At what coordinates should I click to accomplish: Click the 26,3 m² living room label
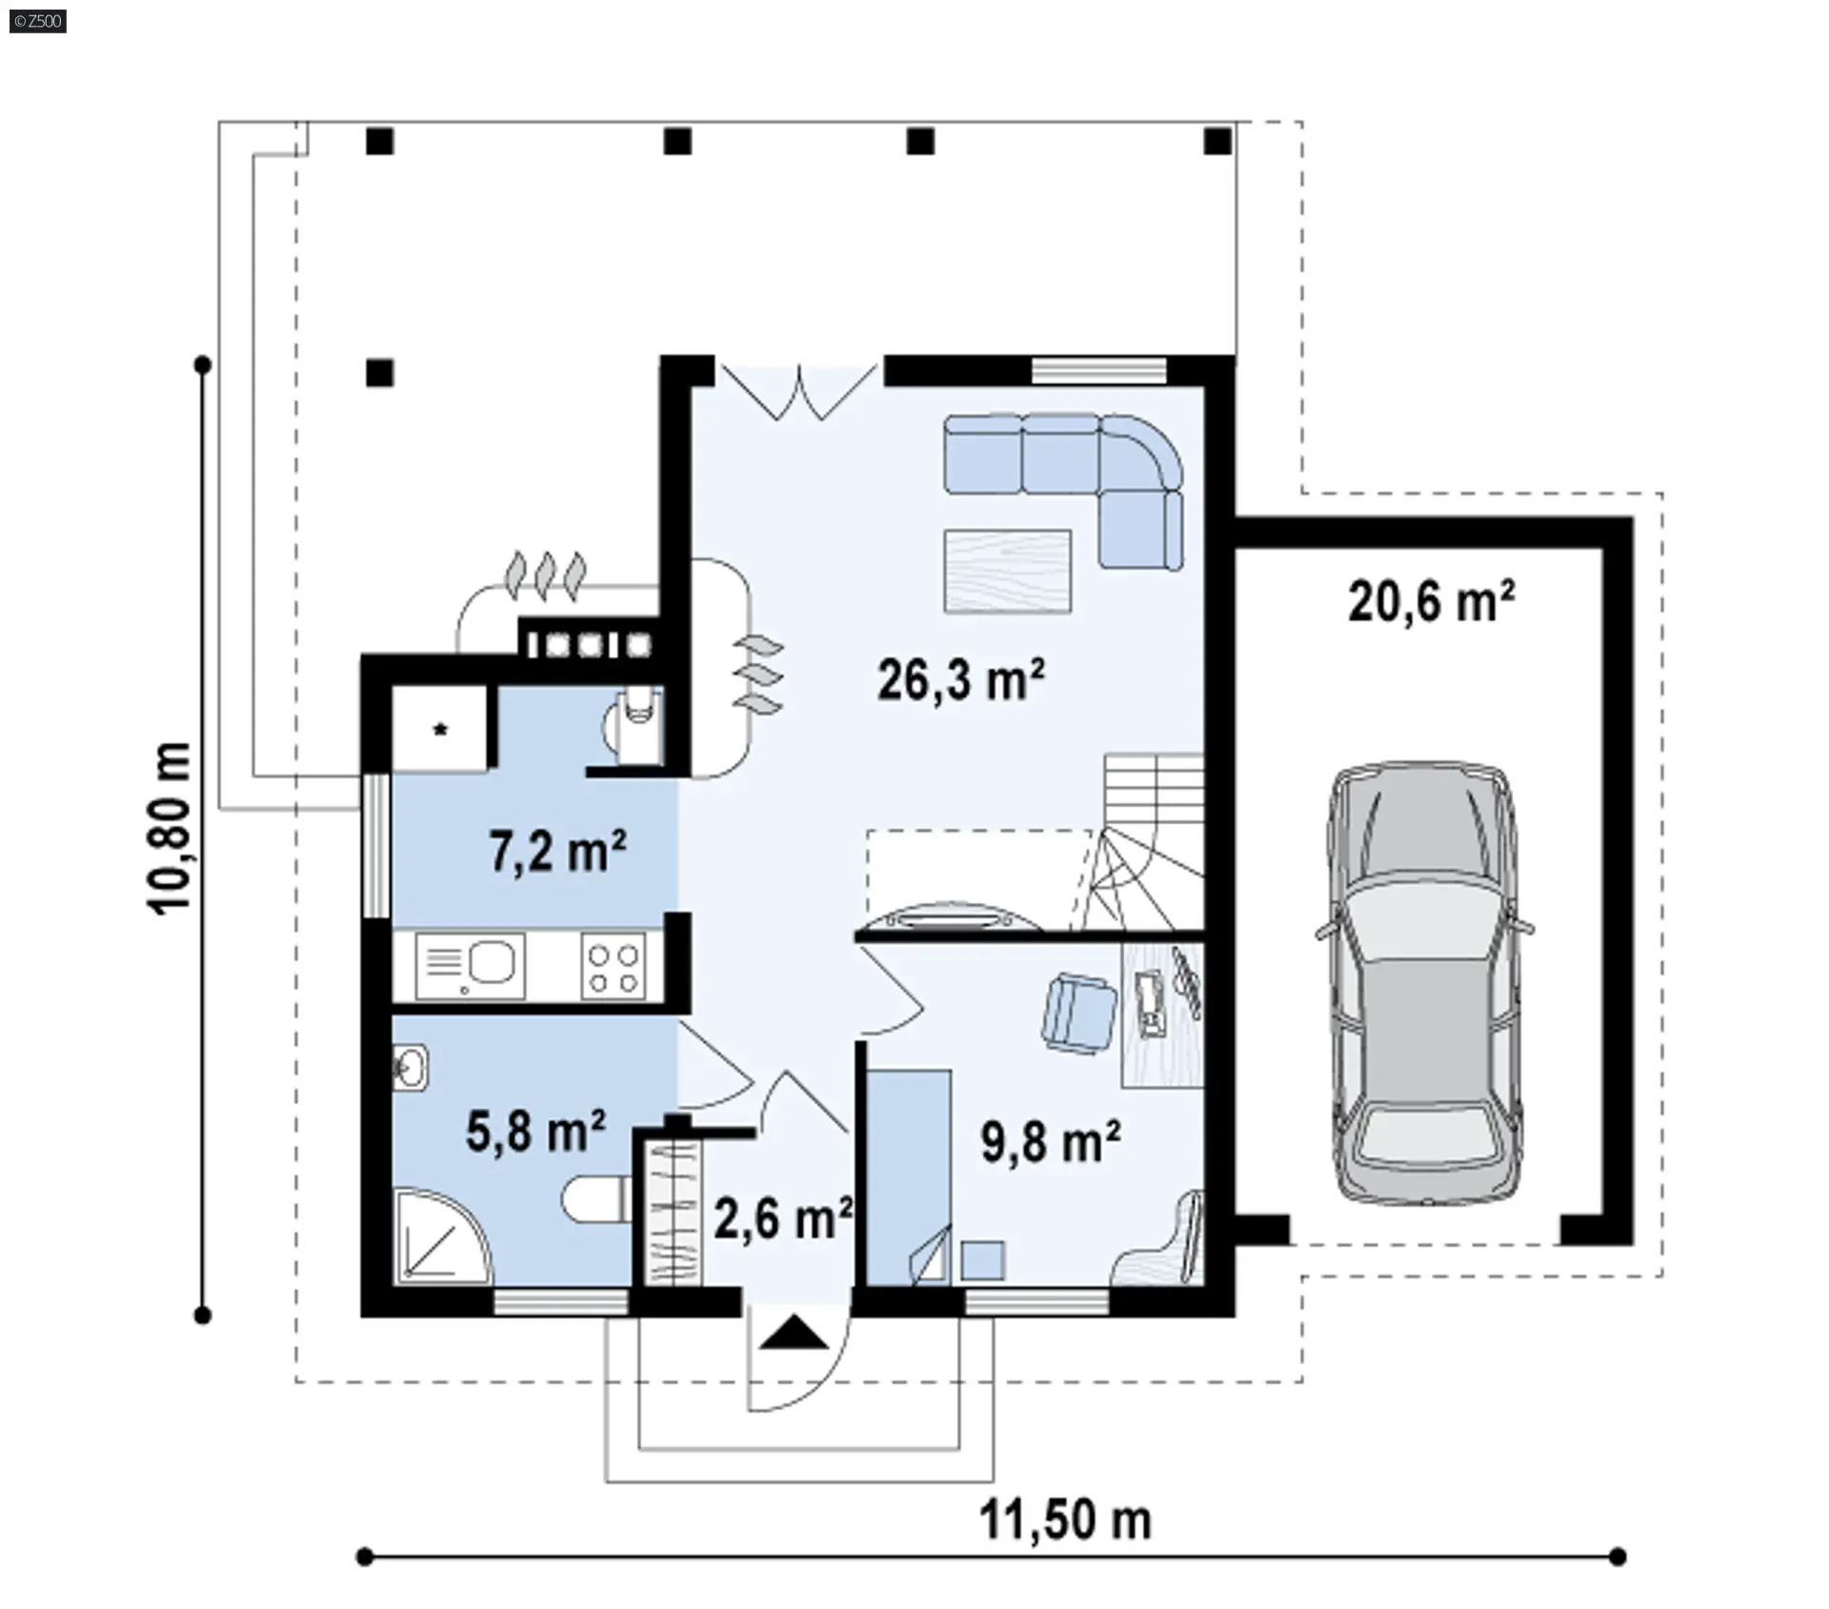point(960,680)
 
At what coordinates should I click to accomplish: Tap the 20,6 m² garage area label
point(1431,601)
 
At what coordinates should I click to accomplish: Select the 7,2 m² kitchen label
point(558,851)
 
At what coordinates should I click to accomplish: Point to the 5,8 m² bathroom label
point(535,1131)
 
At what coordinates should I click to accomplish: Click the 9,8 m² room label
point(1051,1141)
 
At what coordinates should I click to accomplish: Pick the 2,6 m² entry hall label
point(783,1218)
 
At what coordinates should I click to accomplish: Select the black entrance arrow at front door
point(794,1334)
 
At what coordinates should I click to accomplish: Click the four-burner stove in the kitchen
point(613,967)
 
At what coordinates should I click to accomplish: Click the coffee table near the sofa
point(1008,572)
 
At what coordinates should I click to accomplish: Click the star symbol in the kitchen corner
point(441,731)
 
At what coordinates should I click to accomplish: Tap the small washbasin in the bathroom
point(410,1067)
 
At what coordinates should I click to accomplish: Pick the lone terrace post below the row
point(380,372)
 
